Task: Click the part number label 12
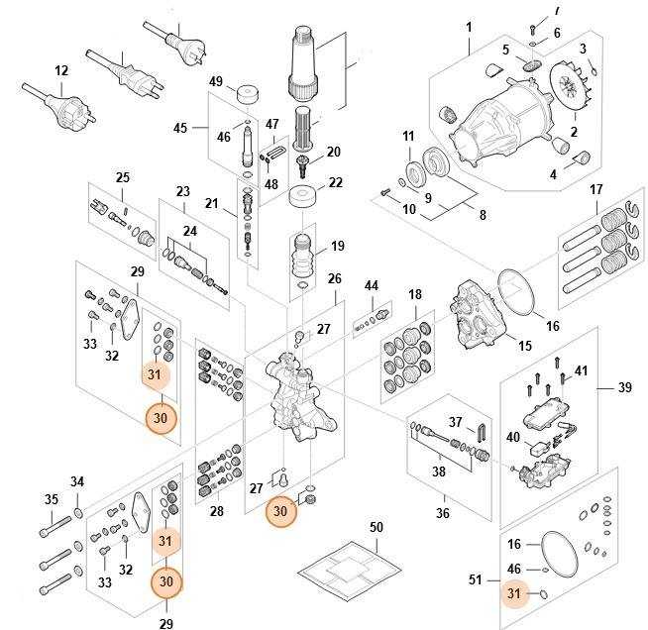click(x=61, y=70)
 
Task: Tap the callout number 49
click(x=215, y=80)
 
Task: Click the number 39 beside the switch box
click(x=624, y=387)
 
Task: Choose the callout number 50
click(x=376, y=527)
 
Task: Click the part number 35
click(x=51, y=500)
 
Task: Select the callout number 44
click(x=372, y=285)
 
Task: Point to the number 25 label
click(x=122, y=177)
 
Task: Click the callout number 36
click(x=442, y=513)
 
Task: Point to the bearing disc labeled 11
click(x=409, y=167)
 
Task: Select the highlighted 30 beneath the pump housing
click(x=281, y=511)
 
